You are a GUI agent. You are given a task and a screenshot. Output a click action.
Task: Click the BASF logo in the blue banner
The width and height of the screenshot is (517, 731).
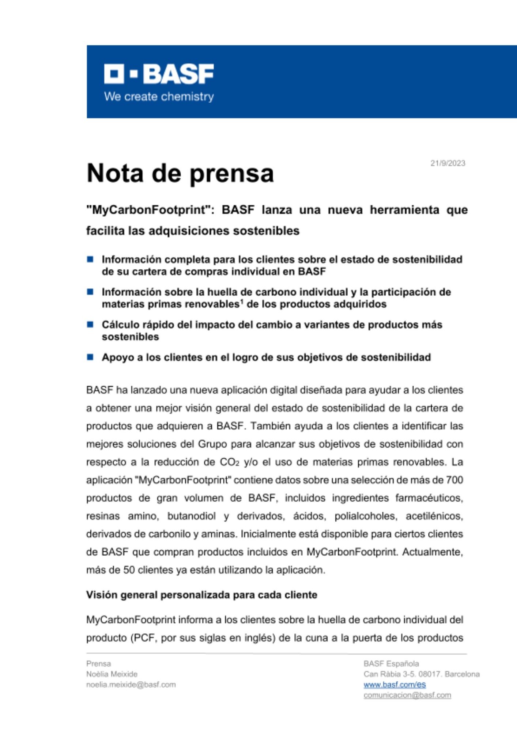click(159, 74)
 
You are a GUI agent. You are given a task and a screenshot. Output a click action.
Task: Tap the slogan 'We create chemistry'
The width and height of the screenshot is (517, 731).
click(159, 97)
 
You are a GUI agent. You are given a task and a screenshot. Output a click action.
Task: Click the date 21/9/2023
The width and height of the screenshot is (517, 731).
click(448, 163)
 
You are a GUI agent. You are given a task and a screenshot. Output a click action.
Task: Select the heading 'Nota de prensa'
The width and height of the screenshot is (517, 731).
click(180, 173)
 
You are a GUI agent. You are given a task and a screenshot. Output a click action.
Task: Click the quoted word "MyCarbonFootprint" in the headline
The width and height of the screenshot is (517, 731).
click(150, 210)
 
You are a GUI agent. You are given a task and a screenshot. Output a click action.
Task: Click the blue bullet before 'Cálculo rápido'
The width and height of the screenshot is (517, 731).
click(90, 324)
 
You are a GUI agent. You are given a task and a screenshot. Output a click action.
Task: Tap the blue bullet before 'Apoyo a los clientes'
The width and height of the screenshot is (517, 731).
click(90, 357)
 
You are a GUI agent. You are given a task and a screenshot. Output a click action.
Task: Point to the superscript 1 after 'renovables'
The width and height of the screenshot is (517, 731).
click(242, 302)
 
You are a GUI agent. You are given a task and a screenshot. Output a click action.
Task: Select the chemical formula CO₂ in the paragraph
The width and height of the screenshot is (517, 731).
click(229, 462)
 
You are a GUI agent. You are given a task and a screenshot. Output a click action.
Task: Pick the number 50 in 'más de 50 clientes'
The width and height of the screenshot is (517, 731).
click(129, 570)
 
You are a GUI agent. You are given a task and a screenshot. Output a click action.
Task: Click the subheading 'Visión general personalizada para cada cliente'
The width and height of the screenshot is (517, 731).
click(201, 595)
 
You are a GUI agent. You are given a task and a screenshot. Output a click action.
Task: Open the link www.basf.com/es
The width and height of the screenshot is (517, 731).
click(395, 685)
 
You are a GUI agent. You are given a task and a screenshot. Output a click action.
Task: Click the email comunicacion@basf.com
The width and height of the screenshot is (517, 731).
click(407, 695)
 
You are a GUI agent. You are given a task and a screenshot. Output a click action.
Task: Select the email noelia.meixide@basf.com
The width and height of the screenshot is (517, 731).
click(131, 685)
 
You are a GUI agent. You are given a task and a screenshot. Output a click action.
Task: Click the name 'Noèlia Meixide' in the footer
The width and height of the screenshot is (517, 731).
click(112, 674)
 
